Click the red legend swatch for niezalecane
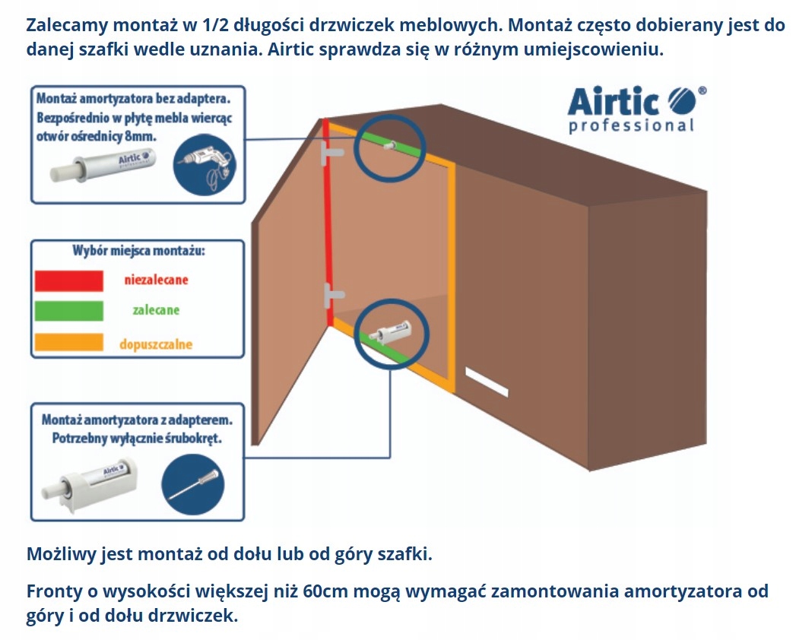[x=68, y=280]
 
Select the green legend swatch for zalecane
[x=68, y=311]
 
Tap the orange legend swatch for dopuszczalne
[x=68, y=342]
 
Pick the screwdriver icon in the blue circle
[x=193, y=483]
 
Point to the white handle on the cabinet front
[x=487, y=382]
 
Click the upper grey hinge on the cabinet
[x=332, y=154]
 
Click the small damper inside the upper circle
[x=391, y=144]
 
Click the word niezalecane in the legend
[x=156, y=280]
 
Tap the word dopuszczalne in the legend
[x=156, y=344]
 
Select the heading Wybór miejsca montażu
[x=138, y=250]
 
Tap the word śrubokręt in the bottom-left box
[x=199, y=439]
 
